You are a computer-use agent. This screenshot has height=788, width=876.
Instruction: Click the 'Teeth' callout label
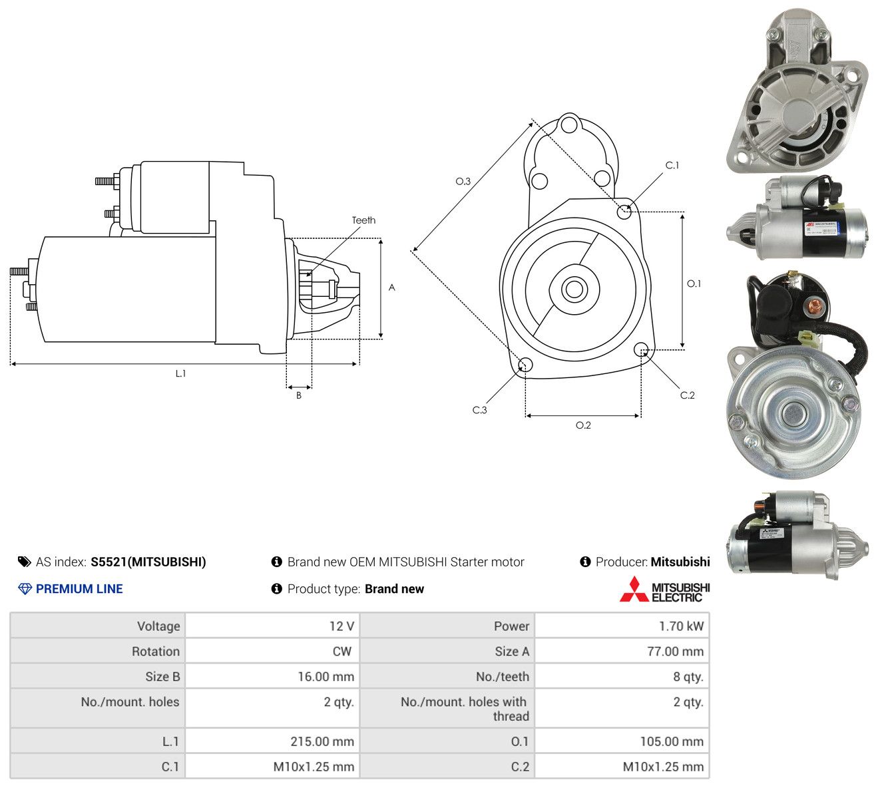coord(363,220)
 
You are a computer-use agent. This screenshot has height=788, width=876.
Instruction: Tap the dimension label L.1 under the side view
coord(180,373)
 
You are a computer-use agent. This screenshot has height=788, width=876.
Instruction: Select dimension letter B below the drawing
coord(299,395)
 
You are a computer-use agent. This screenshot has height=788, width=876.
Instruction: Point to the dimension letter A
coord(391,288)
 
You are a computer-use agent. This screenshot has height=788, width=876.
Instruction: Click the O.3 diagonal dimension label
coord(463,181)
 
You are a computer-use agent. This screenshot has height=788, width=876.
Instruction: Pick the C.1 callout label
coord(672,165)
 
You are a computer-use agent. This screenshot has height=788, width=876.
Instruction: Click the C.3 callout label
coord(479,410)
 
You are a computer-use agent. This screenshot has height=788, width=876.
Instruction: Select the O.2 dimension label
coord(583,425)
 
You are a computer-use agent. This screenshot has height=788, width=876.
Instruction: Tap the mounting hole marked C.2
coord(640,349)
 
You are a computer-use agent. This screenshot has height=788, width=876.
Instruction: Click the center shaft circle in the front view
coord(574,289)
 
